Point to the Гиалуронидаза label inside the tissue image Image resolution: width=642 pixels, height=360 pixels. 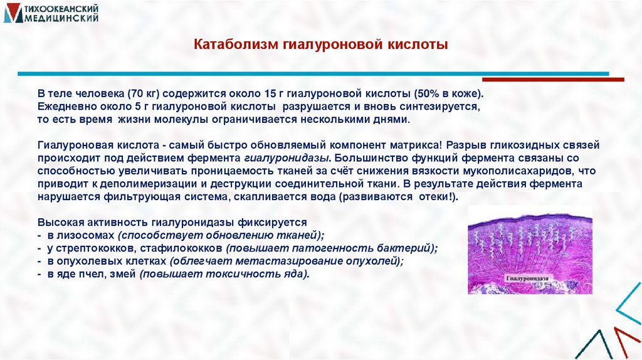point(531,275)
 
